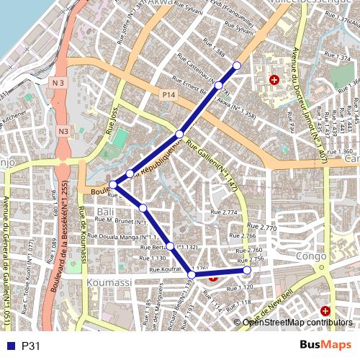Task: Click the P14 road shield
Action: pos(168,94)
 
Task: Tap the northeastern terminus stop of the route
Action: pos(237,66)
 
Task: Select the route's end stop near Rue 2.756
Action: pos(247,270)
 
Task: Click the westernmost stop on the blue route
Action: pos(113,185)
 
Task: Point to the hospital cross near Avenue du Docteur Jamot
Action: pos(274,79)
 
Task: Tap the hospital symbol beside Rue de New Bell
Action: pos(325,311)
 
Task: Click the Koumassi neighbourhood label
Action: pos(108,284)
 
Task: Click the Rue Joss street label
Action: pos(112,119)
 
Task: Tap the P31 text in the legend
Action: pos(31,346)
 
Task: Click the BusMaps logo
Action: pos(325,346)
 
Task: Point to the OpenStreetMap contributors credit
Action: pos(297,322)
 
